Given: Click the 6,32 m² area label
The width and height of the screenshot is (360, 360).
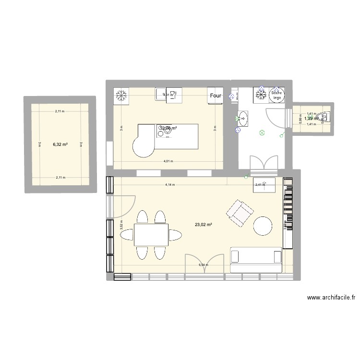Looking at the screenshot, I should click(60, 144).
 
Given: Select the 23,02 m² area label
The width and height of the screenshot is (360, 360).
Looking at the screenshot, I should click(204, 224).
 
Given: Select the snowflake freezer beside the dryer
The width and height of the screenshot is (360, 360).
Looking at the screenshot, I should click(262, 95).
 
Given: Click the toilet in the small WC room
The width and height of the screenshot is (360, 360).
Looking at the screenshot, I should click(326, 117).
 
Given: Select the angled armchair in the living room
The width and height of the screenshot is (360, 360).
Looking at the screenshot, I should click(240, 213).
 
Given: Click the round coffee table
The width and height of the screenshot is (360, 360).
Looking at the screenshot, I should click(263, 226).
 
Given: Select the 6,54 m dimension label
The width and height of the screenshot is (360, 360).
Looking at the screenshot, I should click(204, 265).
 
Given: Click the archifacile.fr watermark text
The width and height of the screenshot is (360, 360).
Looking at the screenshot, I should click(331, 298).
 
